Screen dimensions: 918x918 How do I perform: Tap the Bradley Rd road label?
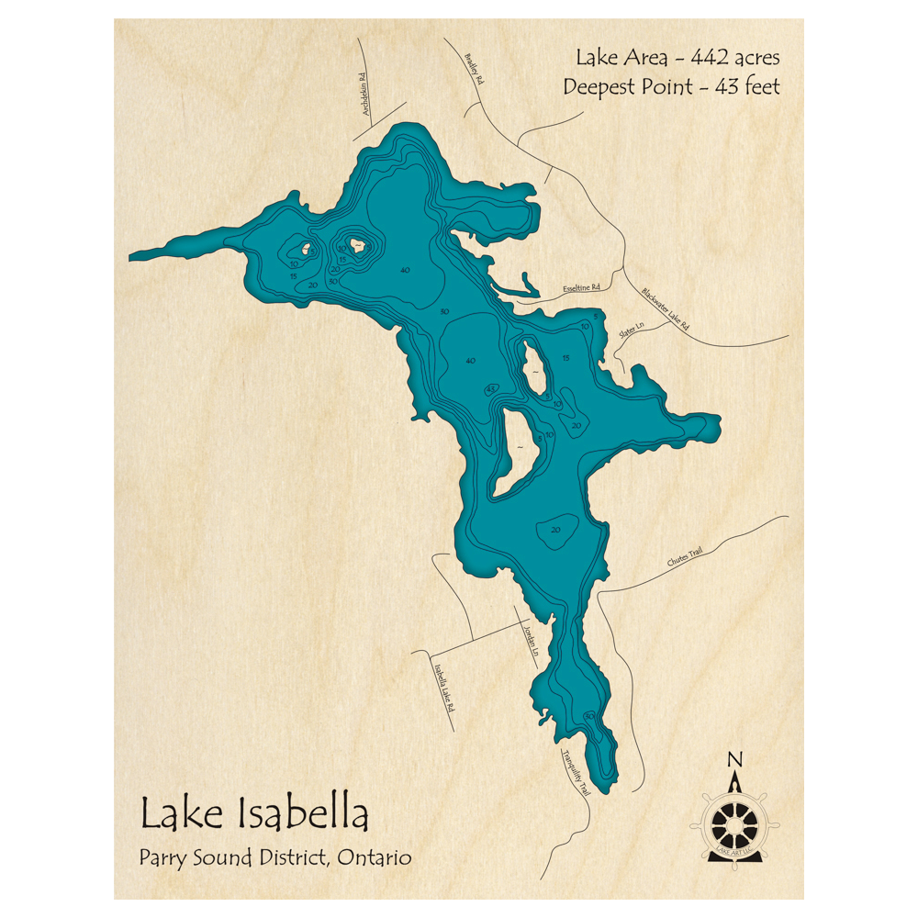pos(474,66)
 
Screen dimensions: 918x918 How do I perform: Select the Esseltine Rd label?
pos(580,288)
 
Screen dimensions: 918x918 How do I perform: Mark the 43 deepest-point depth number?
pos(491,389)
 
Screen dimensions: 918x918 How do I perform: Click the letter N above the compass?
pos(733,759)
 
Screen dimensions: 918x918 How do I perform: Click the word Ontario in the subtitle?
pos(375,858)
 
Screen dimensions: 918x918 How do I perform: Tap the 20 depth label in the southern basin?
pos(554,531)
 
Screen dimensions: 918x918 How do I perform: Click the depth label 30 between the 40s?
pos(444,312)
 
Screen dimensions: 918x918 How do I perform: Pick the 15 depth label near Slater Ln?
pos(565,358)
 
